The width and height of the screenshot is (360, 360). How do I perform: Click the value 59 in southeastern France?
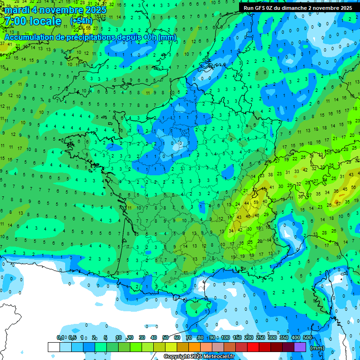coord(255,202)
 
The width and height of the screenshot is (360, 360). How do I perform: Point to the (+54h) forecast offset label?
coord(81,22)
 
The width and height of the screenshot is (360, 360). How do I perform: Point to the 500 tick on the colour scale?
coord(307,338)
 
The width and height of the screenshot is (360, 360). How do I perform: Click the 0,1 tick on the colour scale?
coord(60,338)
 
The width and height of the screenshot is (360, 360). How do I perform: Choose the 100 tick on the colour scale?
coord(225,338)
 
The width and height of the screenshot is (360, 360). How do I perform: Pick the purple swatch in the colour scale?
coord(300,347)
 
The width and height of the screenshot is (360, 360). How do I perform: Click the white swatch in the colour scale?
coord(54,347)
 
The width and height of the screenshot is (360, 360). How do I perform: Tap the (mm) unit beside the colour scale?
coord(317,348)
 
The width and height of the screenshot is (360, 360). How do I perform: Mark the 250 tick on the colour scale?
coord(261,338)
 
